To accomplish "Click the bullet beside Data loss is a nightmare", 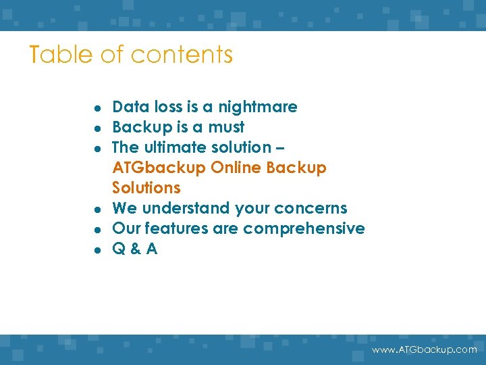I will (x=99, y=108).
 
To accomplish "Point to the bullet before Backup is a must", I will (x=99, y=128).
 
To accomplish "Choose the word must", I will (x=226, y=127).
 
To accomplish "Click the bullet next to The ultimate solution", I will (x=99, y=149).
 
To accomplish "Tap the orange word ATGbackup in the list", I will (x=159, y=168).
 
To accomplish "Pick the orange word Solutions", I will (x=146, y=188).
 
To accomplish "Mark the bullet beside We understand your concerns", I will (x=99, y=210).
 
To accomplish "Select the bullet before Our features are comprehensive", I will (x=99, y=230).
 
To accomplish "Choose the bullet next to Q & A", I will (x=99, y=250).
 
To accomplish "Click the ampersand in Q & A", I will (x=135, y=249).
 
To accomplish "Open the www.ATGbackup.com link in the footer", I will (x=425, y=349).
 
